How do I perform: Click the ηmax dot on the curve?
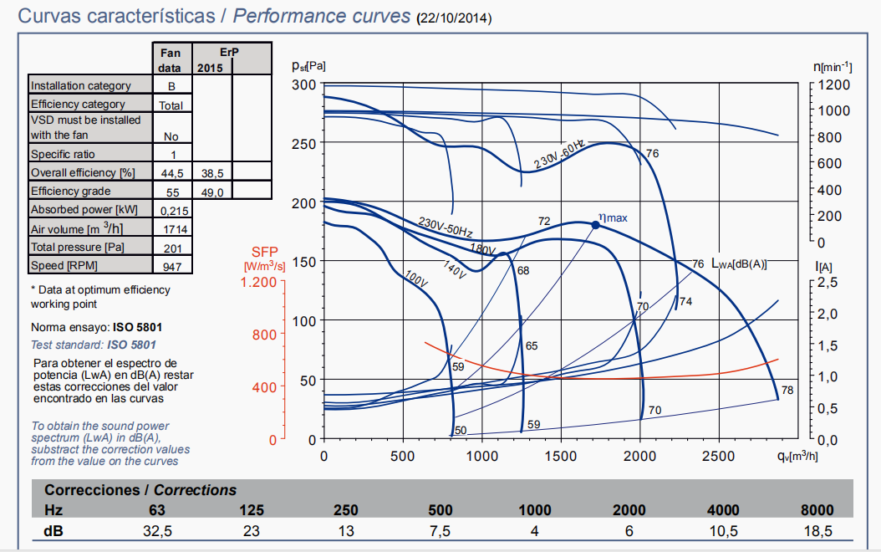(595, 225)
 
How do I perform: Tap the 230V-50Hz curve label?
(446, 227)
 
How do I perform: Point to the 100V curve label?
(415, 279)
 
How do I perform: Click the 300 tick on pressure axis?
(304, 84)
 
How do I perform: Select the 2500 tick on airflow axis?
(719, 457)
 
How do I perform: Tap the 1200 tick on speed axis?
(834, 84)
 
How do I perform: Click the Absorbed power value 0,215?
(171, 210)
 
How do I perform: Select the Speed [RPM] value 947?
(171, 266)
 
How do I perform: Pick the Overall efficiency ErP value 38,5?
(212, 173)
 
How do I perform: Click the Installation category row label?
(81, 85)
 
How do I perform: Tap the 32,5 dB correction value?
(157, 531)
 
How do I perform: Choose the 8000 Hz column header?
(817, 510)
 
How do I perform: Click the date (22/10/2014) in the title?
(455, 18)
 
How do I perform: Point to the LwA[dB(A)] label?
(739, 263)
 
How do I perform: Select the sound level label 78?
(787, 391)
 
